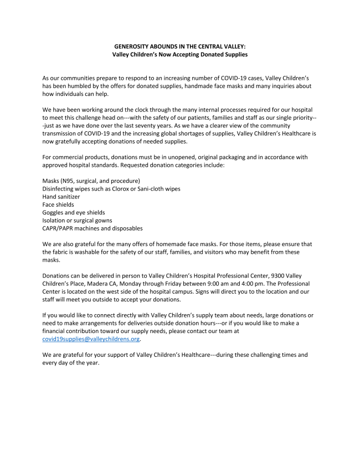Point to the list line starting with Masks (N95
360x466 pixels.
click(91, 181)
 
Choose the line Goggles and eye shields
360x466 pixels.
click(74, 212)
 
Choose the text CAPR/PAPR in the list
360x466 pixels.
click(60, 228)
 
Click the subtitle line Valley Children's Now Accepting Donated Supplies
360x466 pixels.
click(179, 55)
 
